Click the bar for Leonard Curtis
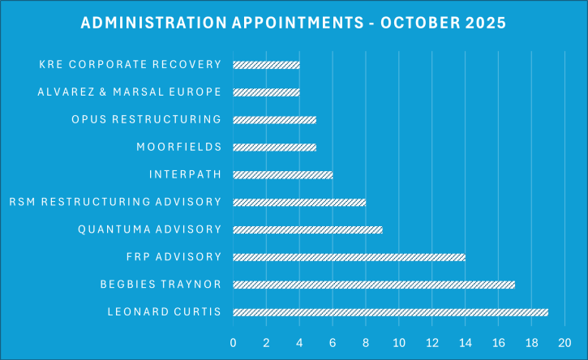390,312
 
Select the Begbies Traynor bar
374,285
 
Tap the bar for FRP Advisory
349,257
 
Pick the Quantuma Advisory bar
307,229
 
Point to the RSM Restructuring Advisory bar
299,202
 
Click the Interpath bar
282,174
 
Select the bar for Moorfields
274,148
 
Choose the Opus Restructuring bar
274,120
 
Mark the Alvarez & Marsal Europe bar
266,92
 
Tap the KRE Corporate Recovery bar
266,65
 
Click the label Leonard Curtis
164,312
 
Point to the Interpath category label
185,174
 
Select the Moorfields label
179,148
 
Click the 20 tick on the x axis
565,342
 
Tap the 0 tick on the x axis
234,342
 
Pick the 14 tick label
466,342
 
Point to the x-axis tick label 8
366,342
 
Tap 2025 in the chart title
486,23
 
